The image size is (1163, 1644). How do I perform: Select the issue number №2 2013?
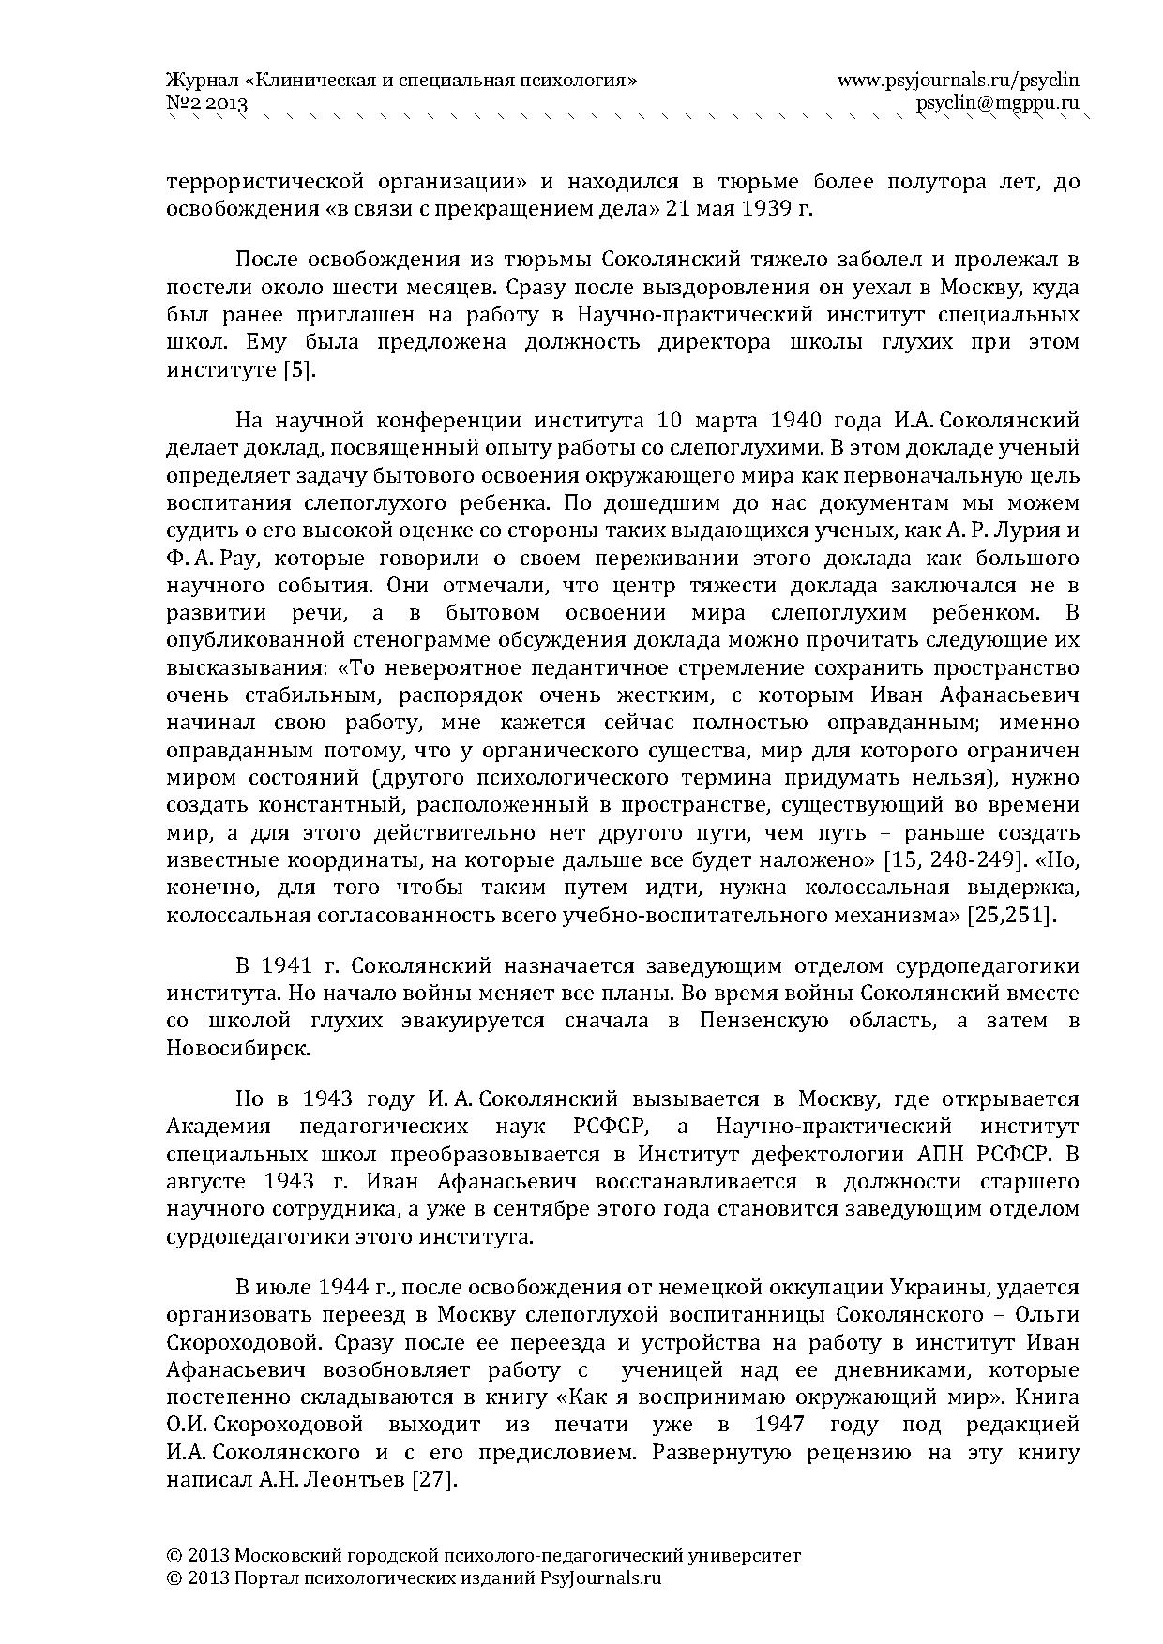click(x=206, y=103)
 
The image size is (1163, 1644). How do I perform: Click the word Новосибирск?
click(x=236, y=1048)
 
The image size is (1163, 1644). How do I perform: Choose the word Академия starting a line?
click(x=219, y=1126)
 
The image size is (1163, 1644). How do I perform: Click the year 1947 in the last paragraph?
click(x=778, y=1426)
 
